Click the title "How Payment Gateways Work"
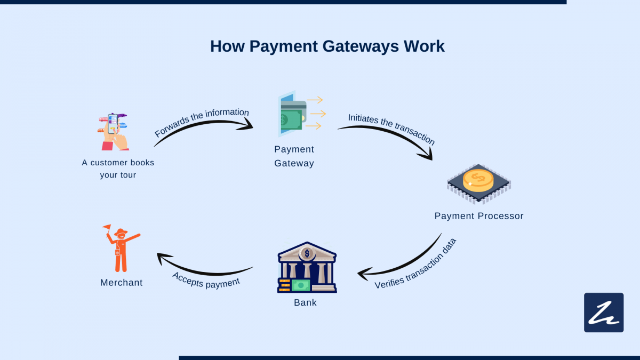327,46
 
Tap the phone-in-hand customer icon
114,131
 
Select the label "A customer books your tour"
118,169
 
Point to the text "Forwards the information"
202,122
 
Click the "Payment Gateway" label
294,156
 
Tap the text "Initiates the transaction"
391,129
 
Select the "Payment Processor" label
479,216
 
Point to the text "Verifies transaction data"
416,264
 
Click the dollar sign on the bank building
307,253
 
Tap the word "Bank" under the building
305,302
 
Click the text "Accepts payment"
206,279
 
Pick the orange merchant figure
121,248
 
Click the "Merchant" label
122,283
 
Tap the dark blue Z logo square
604,313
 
